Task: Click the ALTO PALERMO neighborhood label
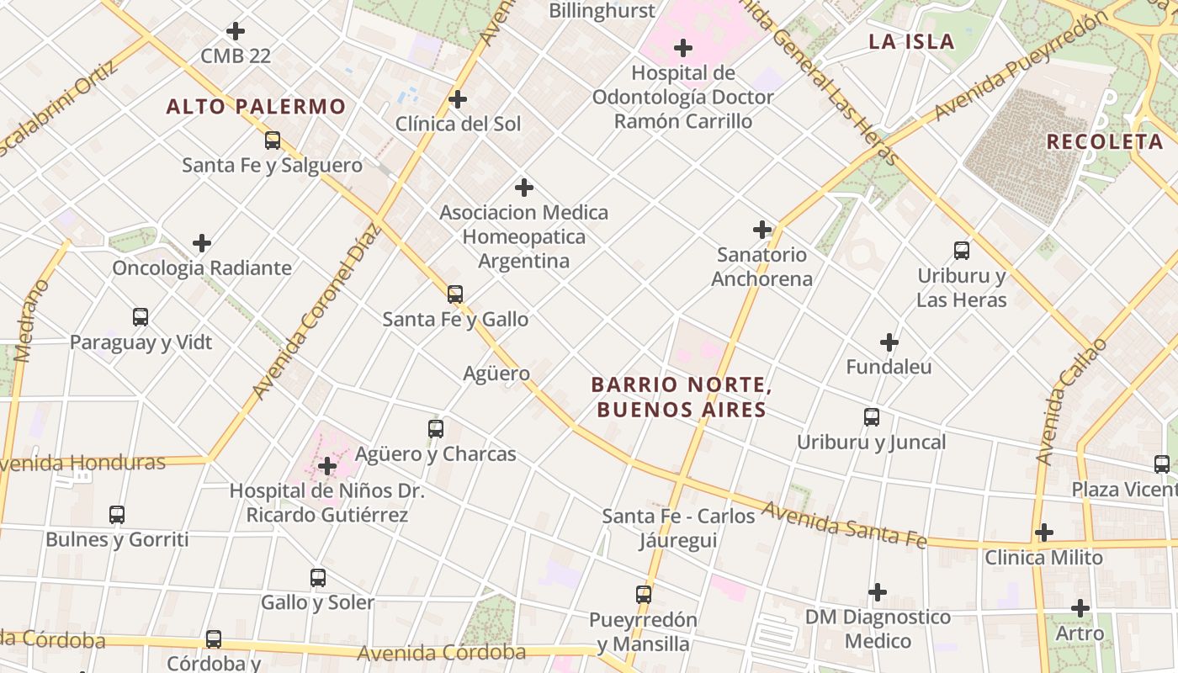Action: pos(256,107)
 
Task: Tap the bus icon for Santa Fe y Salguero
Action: pos(273,140)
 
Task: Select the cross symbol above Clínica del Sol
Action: pos(458,99)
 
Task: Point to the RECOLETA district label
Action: pos(1104,141)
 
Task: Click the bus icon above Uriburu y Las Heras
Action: pos(962,251)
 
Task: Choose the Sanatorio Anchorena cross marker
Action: pos(762,230)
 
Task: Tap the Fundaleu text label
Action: pos(889,367)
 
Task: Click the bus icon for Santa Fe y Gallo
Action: pos(455,294)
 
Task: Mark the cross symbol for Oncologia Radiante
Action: pos(202,243)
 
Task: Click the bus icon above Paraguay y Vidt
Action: pos(141,317)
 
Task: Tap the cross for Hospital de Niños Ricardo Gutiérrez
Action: pos(327,465)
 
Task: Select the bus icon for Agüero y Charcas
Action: pos(436,429)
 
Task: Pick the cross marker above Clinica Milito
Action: pos(1044,533)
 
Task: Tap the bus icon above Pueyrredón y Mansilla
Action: pos(644,595)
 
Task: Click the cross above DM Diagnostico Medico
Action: pos(878,592)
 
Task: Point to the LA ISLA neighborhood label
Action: pos(911,42)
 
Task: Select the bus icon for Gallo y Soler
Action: pos(318,578)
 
